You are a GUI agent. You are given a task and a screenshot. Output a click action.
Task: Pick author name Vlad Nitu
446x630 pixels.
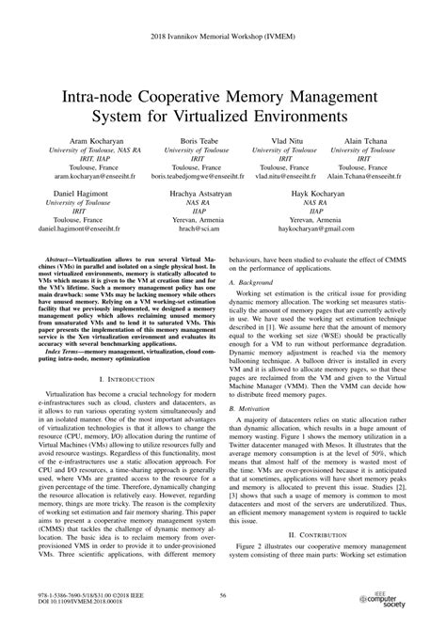point(284,138)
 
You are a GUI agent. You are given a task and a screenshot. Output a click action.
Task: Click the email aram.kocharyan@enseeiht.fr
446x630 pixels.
point(84,175)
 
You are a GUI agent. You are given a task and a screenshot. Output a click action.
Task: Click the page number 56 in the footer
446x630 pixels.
point(223,595)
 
